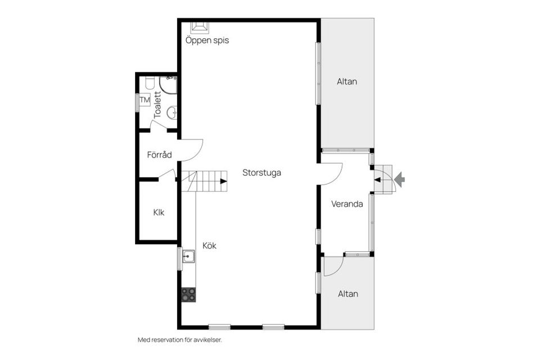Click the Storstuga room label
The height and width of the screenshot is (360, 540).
(262, 173)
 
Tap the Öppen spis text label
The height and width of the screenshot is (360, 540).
(207, 40)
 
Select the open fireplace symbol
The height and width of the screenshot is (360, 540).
(200, 28)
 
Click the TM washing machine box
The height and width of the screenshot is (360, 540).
(145, 100)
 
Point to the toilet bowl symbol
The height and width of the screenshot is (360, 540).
(150, 83)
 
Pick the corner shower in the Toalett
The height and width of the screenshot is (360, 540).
(168, 85)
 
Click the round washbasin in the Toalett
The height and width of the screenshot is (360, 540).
(172, 112)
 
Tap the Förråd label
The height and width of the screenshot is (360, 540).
(159, 155)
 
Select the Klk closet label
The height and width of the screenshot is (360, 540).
(159, 213)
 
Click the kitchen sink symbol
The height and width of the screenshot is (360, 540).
(188, 256)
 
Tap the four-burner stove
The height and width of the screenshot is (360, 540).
(188, 295)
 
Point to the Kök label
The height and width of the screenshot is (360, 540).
(209, 246)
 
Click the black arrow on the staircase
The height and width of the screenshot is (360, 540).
(224, 181)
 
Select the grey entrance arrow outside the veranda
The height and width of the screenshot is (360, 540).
(399, 179)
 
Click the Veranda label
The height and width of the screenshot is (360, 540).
(347, 204)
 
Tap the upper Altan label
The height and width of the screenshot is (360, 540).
(347, 82)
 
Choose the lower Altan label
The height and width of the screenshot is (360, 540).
(348, 294)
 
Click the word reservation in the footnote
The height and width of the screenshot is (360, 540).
(169, 340)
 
